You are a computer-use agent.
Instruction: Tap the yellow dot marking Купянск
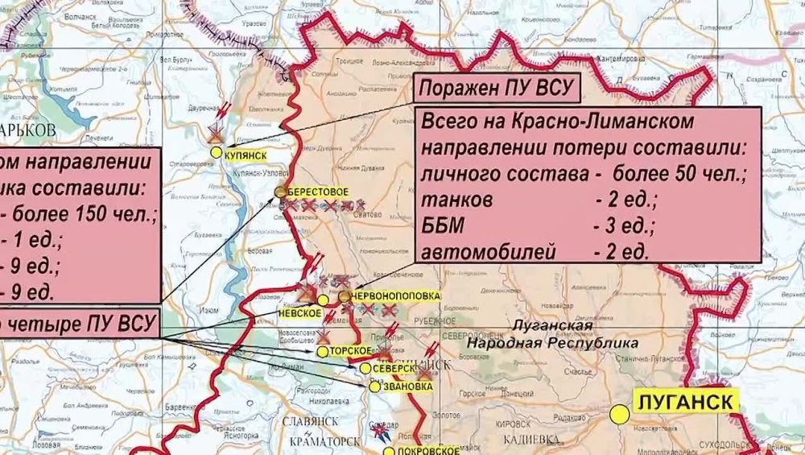point(216,151)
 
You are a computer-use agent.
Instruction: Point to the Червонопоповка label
point(397,296)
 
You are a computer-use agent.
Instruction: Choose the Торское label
point(351,351)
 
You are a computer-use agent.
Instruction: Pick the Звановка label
point(407,386)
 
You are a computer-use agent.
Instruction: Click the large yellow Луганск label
point(683,400)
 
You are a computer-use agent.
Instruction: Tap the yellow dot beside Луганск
point(619,414)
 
